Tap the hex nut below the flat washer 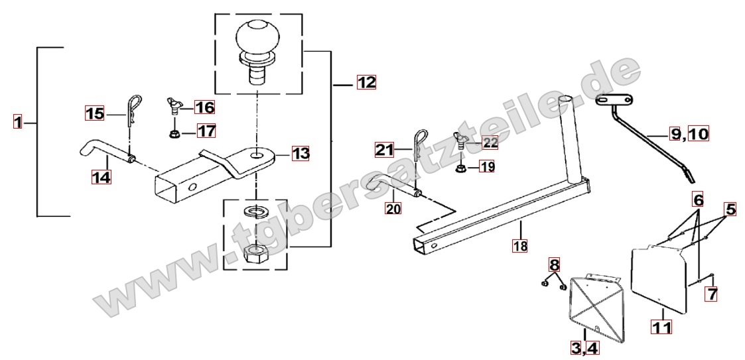255,255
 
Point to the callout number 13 301,153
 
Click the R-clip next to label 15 133,111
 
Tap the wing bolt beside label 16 173,105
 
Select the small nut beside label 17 173,134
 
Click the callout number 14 102,177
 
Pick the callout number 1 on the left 17,123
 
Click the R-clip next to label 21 420,145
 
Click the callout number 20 393,208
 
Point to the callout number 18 520,245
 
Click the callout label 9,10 689,135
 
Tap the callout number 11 662,328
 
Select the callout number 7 711,294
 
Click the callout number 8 555,264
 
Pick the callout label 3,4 585,348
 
